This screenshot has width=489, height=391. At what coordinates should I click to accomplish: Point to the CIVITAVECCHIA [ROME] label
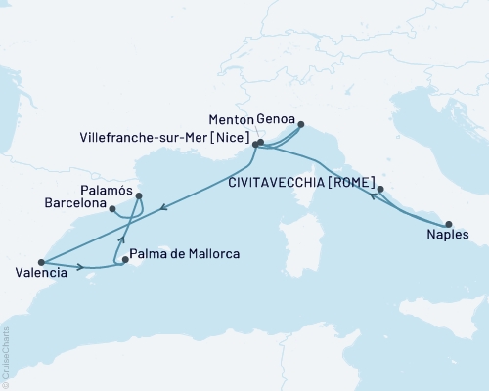point(310,180)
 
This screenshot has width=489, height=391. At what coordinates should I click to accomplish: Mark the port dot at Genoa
point(300,124)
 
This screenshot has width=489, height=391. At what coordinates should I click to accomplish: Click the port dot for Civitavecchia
point(380,190)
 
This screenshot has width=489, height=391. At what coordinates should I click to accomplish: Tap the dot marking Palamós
point(139,195)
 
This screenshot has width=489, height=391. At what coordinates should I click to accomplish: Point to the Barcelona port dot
point(113,207)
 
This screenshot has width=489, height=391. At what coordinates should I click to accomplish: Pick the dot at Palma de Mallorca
point(124,260)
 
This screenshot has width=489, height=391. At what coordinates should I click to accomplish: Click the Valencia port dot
point(41,262)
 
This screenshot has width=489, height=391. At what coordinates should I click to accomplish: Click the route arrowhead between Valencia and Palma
point(77,266)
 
